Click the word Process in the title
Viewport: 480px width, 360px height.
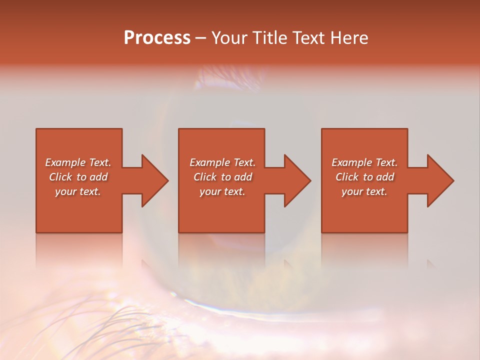(x=157, y=38)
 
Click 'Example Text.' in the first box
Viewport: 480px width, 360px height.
(x=78, y=162)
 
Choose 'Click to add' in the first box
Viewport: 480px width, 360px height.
(x=78, y=177)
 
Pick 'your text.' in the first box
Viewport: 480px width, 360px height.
(x=78, y=191)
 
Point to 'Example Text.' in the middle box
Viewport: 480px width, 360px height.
(x=222, y=162)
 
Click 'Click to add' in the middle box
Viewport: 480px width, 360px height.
(x=222, y=177)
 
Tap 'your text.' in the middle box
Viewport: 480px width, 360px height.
(x=222, y=191)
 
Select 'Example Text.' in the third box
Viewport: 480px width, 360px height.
(x=364, y=162)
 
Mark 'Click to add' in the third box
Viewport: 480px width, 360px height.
(x=364, y=177)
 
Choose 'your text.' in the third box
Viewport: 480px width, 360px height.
(x=364, y=191)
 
